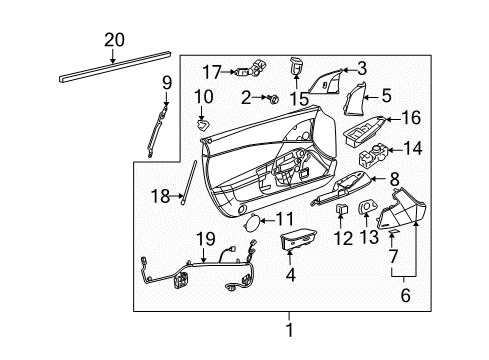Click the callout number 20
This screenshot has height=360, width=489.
[x=115, y=40]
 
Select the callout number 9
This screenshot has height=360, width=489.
[x=168, y=81]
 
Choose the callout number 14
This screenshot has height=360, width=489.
[x=411, y=150]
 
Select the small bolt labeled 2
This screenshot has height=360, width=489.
[x=271, y=99]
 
